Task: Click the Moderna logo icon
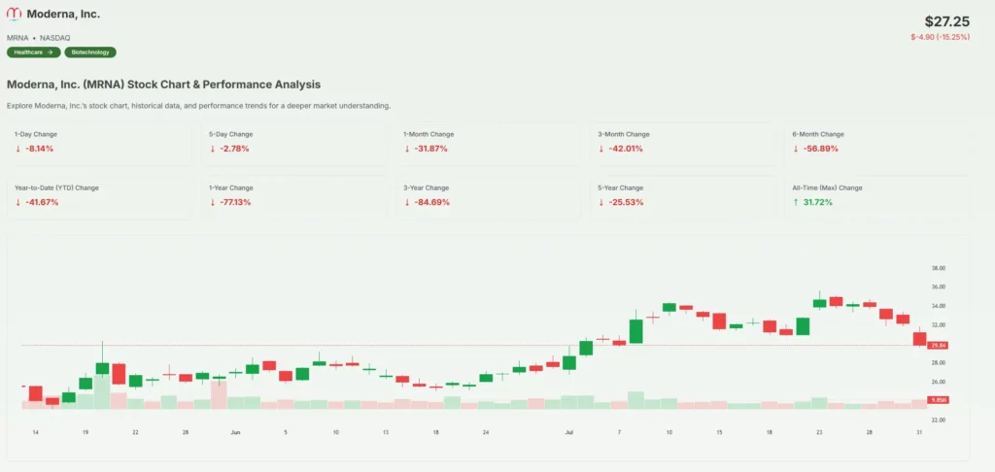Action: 14,15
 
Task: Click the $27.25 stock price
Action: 946,20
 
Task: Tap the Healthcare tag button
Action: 34,52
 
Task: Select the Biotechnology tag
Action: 90,52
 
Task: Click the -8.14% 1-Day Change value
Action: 39,149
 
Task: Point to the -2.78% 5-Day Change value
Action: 234,149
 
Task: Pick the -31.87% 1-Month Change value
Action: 430,149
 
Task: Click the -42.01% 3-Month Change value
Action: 625,149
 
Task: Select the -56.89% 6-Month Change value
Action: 819,149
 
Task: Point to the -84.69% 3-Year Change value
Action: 430,202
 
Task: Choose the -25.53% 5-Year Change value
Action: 625,202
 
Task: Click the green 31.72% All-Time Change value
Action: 817,202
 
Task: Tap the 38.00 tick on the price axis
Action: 938,268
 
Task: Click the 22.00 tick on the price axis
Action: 938,420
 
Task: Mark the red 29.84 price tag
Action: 938,345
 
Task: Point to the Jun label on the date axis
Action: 234,431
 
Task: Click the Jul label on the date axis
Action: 568,431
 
